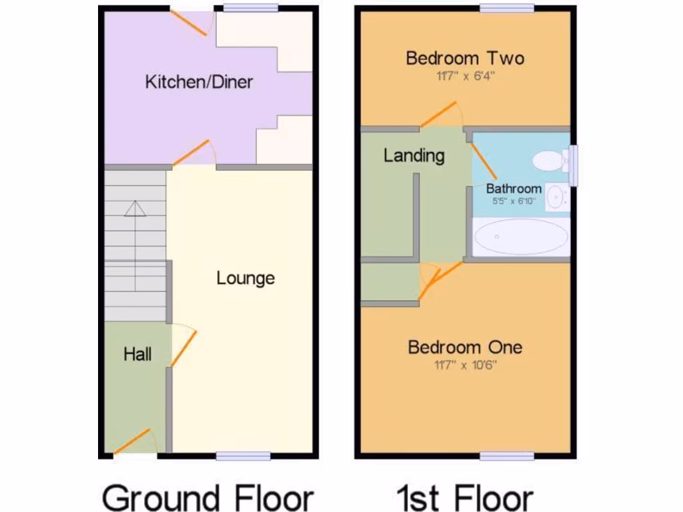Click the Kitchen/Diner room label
199,82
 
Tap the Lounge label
245,278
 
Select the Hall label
137,354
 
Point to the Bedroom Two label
465,58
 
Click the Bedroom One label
465,347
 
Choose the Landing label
414,156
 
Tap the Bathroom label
514,189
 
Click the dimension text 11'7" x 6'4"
465,75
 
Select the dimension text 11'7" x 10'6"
465,365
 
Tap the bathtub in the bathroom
521,237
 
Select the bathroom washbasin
556,196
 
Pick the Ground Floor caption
207,497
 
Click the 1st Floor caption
465,497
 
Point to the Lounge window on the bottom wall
243,456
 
